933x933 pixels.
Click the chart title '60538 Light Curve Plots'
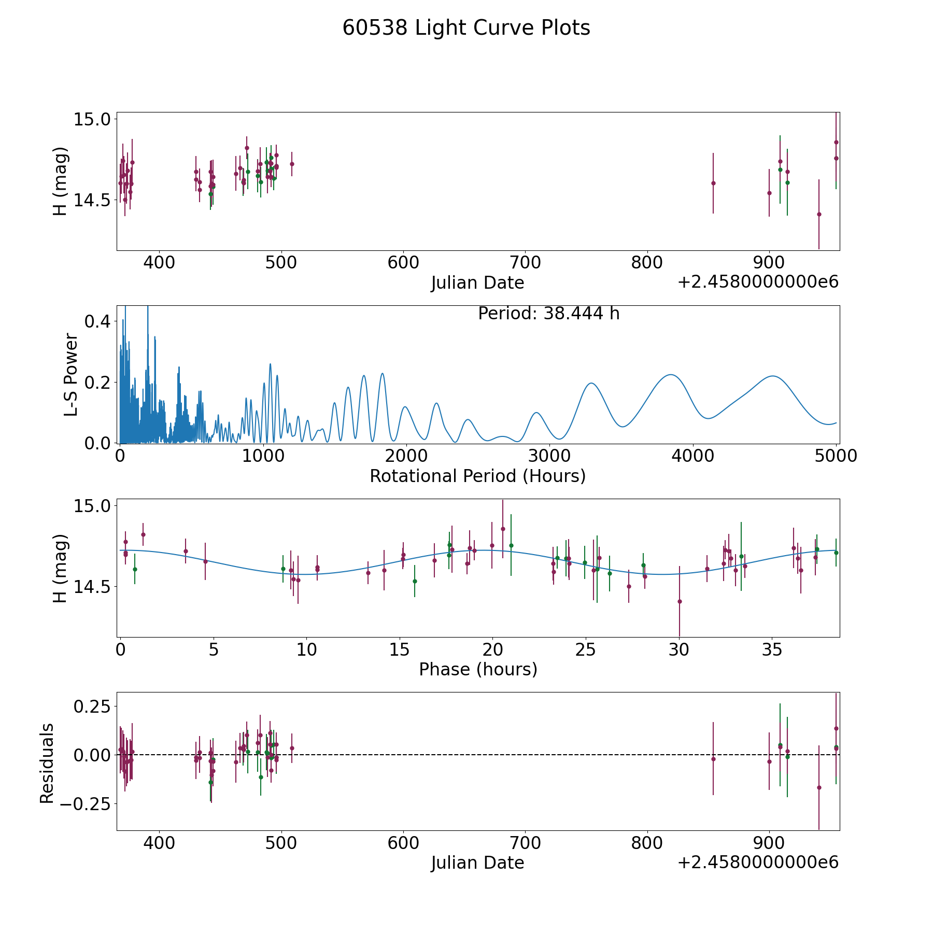pyautogui.click(x=466, y=28)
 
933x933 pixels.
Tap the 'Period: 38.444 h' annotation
pyautogui.click(x=548, y=314)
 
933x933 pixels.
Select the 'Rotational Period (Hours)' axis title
pyautogui.click(x=477, y=476)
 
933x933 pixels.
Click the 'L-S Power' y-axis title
pyautogui.click(x=72, y=375)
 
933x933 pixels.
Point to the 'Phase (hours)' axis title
pyautogui.click(x=478, y=669)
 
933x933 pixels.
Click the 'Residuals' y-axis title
pyautogui.click(x=47, y=764)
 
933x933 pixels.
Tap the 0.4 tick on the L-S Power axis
pyautogui.click(x=97, y=321)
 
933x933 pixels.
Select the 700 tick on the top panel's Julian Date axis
pyautogui.click(x=525, y=263)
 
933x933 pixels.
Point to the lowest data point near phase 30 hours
pyautogui.click(x=679, y=601)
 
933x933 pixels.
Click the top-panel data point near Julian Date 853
pyautogui.click(x=713, y=183)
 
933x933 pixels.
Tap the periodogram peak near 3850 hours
pyautogui.click(x=671, y=374)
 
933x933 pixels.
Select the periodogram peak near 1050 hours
pyautogui.click(x=270, y=364)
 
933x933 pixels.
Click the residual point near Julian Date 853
pyautogui.click(x=713, y=759)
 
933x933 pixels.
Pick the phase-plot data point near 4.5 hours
pyautogui.click(x=205, y=561)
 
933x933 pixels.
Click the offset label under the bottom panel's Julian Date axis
pyautogui.click(x=758, y=863)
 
